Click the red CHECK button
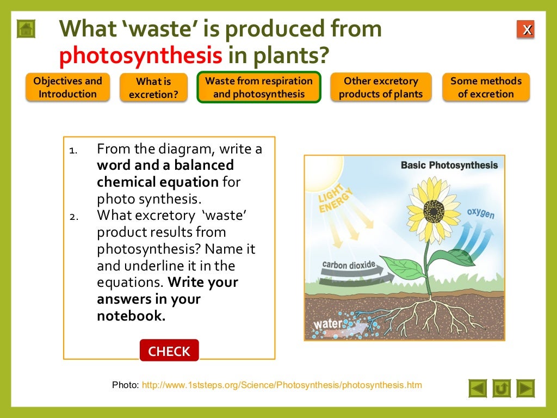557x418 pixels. click(169, 351)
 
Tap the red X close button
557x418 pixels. click(526, 30)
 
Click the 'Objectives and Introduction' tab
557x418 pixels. click(67, 88)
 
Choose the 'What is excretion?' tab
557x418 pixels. click(153, 88)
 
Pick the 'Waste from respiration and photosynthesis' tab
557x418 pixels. click(259, 88)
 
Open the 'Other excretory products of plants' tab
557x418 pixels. click(381, 88)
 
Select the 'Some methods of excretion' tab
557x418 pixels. click(486, 88)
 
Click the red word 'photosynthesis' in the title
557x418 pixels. click(141, 55)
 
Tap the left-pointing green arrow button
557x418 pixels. click(478, 388)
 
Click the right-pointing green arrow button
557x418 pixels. click(525, 388)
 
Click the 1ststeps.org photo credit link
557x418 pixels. click(282, 385)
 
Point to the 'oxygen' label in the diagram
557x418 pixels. click(481, 213)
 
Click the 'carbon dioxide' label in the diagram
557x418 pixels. click(349, 266)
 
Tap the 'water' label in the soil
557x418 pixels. click(328, 324)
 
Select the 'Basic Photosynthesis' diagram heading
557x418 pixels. click(449, 165)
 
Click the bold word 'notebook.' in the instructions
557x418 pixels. click(131, 316)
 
